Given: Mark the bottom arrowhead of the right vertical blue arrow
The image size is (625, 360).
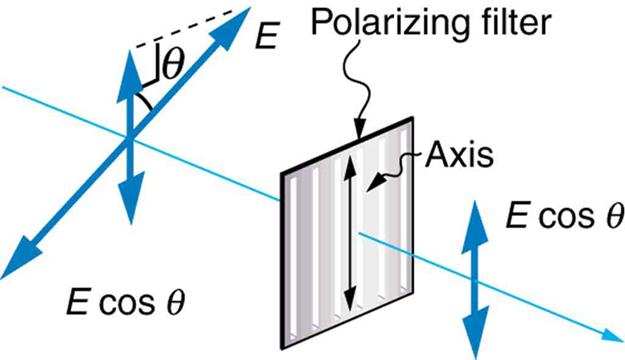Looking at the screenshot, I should point(477,329).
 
